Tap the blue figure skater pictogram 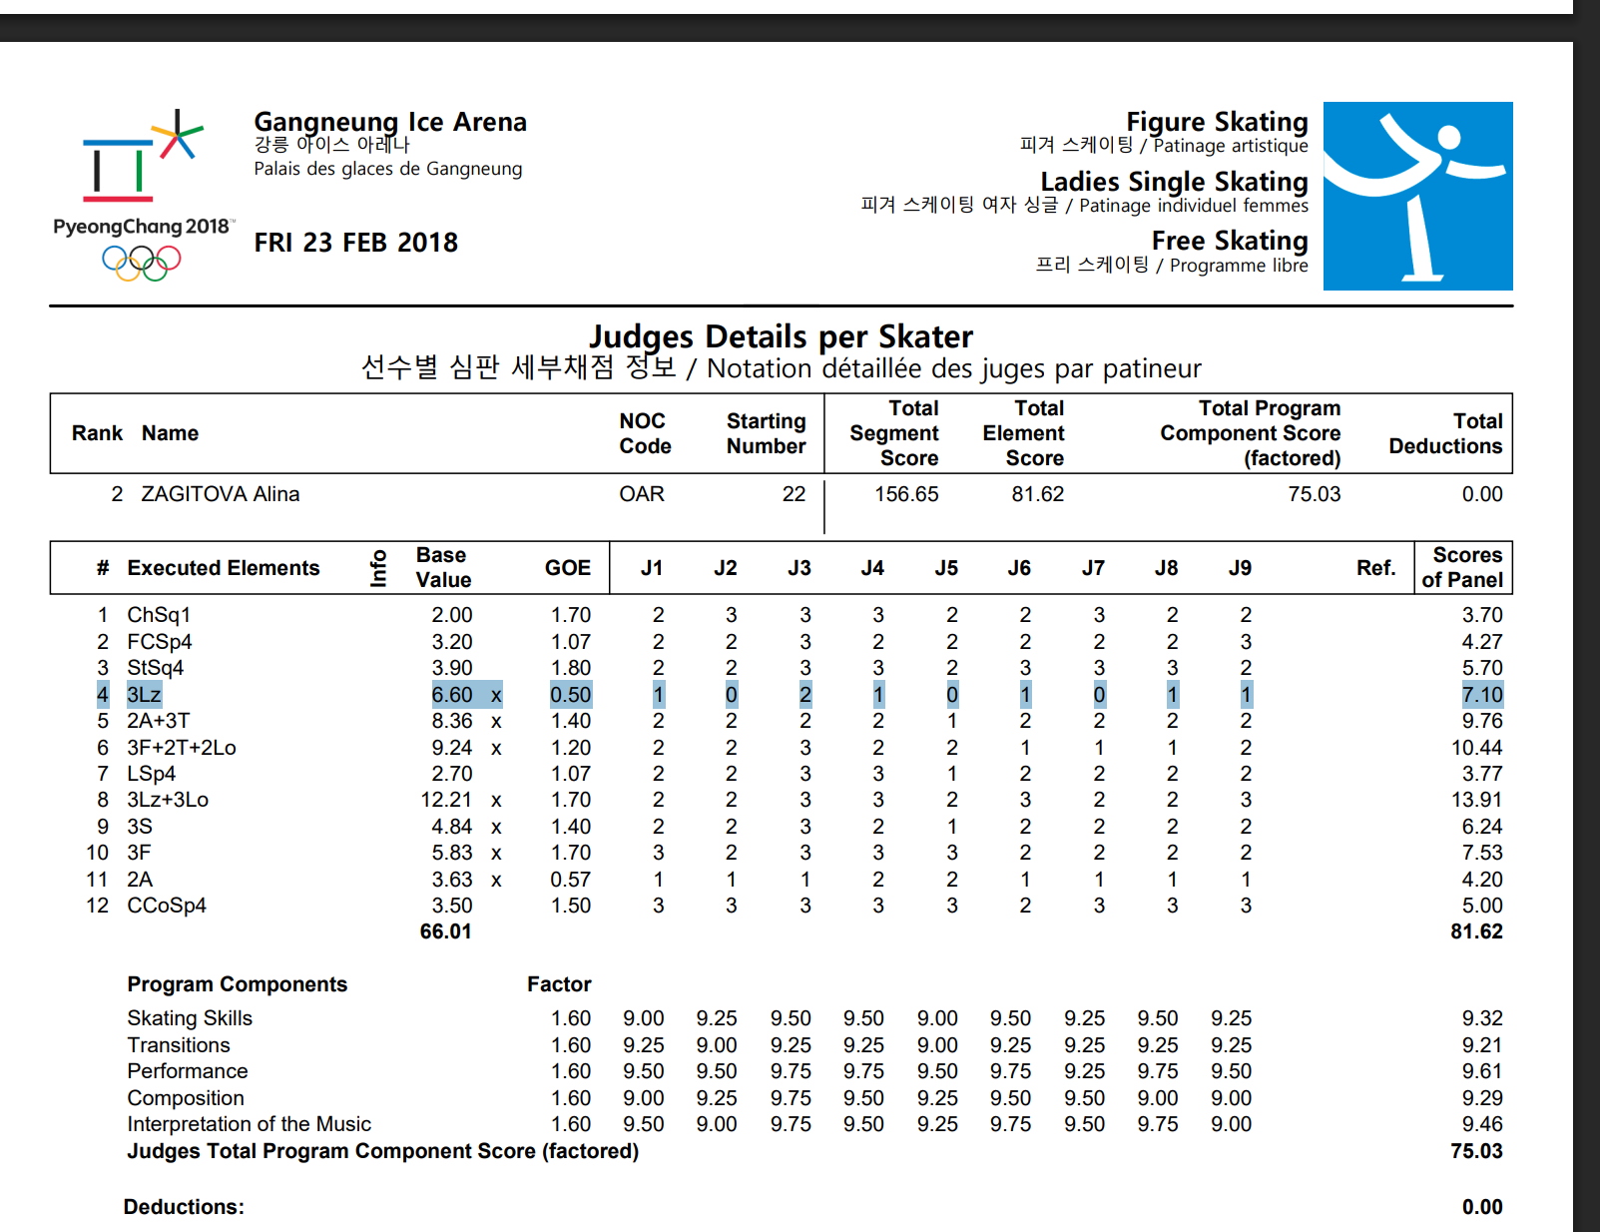(x=1417, y=197)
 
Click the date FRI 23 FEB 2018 (x=355, y=243)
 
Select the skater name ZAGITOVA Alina (x=220, y=494)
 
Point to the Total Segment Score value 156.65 (x=906, y=494)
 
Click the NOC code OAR (x=641, y=494)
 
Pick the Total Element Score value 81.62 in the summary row (x=1037, y=494)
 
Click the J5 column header (x=945, y=568)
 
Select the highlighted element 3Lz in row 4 (x=144, y=695)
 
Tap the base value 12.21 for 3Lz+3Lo (x=446, y=800)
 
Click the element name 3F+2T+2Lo (x=182, y=748)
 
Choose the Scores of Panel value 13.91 (x=1476, y=800)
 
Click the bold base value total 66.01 (x=445, y=931)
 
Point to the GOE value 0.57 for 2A (x=570, y=880)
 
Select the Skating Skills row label (x=190, y=1018)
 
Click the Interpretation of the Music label (x=249, y=1124)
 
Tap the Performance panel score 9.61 (x=1481, y=1071)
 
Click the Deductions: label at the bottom (x=184, y=1207)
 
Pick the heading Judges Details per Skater (x=781, y=336)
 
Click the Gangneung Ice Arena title (x=390, y=122)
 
